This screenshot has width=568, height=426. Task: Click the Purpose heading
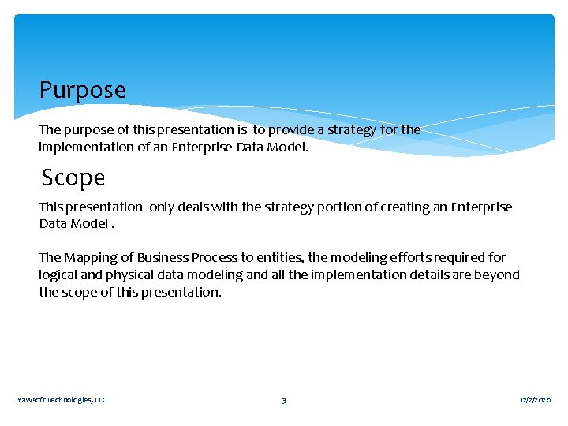[82, 90]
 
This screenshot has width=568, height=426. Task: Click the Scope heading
[73, 177]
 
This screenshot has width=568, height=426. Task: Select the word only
[161, 207]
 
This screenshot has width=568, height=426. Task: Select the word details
[429, 275]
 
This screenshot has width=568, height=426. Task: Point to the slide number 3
[284, 400]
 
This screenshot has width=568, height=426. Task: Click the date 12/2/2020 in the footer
[536, 400]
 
